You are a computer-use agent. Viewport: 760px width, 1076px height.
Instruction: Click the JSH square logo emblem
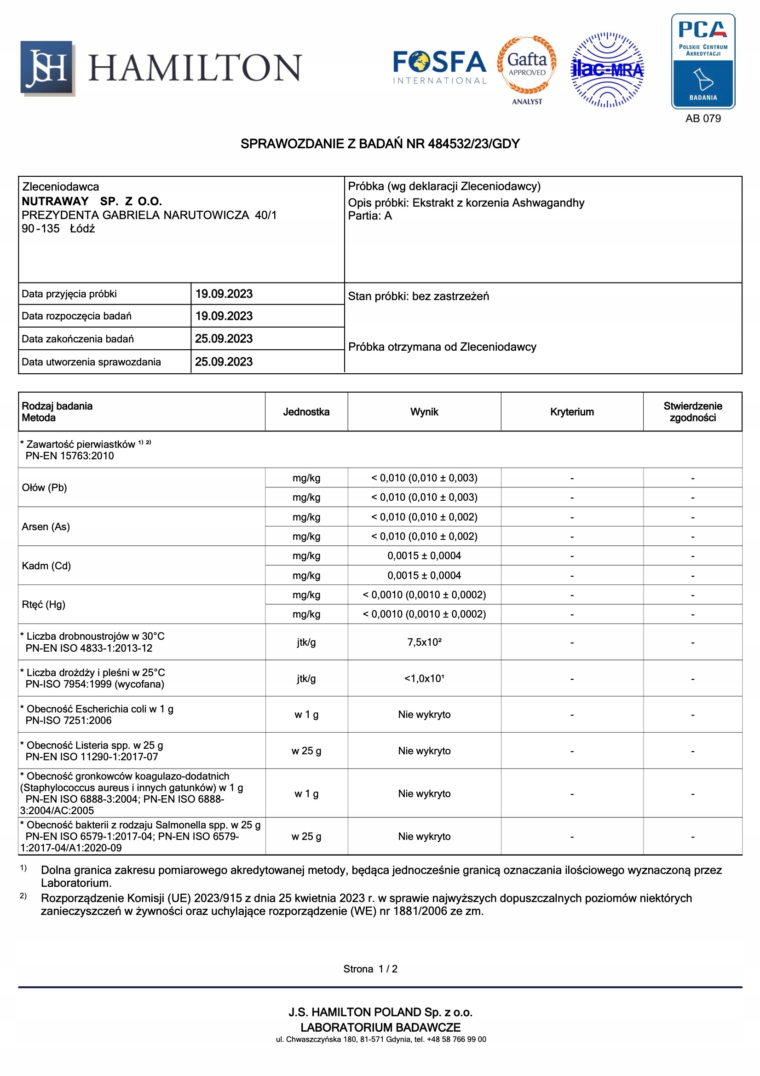click(47, 68)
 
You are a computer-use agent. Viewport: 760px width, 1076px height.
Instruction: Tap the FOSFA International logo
click(439, 68)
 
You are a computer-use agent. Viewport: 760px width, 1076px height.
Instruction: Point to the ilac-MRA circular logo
click(607, 70)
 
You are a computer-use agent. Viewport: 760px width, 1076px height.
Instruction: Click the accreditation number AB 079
click(703, 119)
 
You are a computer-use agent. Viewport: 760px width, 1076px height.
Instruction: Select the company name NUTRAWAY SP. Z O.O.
click(92, 202)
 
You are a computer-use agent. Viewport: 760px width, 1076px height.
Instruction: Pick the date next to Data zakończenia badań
click(224, 339)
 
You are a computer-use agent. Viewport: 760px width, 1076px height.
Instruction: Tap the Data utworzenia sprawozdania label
click(92, 362)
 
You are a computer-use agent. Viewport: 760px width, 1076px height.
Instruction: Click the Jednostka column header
click(306, 412)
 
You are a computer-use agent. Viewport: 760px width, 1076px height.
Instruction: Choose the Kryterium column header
click(572, 412)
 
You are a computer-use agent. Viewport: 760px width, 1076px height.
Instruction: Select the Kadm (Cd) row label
click(46, 566)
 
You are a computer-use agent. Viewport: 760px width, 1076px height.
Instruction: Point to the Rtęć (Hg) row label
click(44, 605)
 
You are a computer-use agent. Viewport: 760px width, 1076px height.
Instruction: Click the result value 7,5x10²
click(424, 642)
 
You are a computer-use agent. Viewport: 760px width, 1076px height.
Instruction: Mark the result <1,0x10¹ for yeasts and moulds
click(424, 678)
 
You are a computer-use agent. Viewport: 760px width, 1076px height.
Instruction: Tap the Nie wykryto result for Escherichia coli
click(424, 715)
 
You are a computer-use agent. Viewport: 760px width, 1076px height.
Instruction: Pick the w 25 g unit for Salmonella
click(306, 837)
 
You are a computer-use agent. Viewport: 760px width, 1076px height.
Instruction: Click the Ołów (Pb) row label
click(45, 487)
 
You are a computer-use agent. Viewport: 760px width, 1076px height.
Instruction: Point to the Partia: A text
click(370, 216)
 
